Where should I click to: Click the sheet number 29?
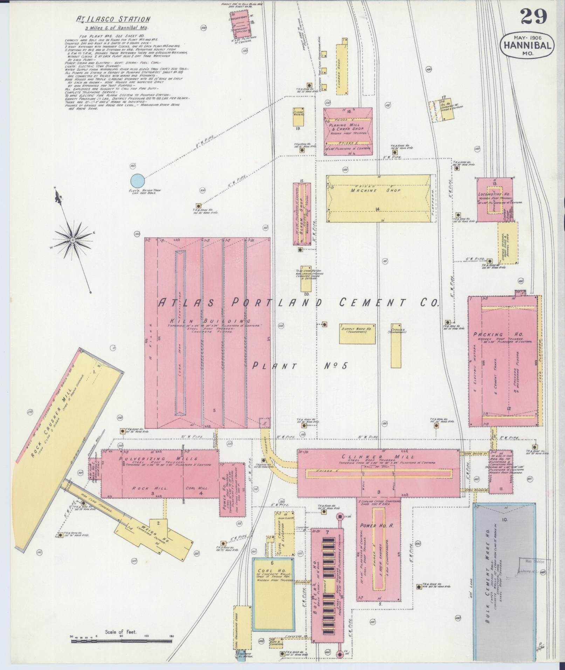pyautogui.click(x=533, y=16)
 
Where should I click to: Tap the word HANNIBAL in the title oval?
pyautogui.click(x=528, y=45)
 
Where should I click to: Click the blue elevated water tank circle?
pyautogui.click(x=137, y=181)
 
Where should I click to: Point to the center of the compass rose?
pyautogui.click(x=73, y=240)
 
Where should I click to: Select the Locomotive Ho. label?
pyautogui.click(x=495, y=194)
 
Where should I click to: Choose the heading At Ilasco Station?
pyautogui.click(x=113, y=20)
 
